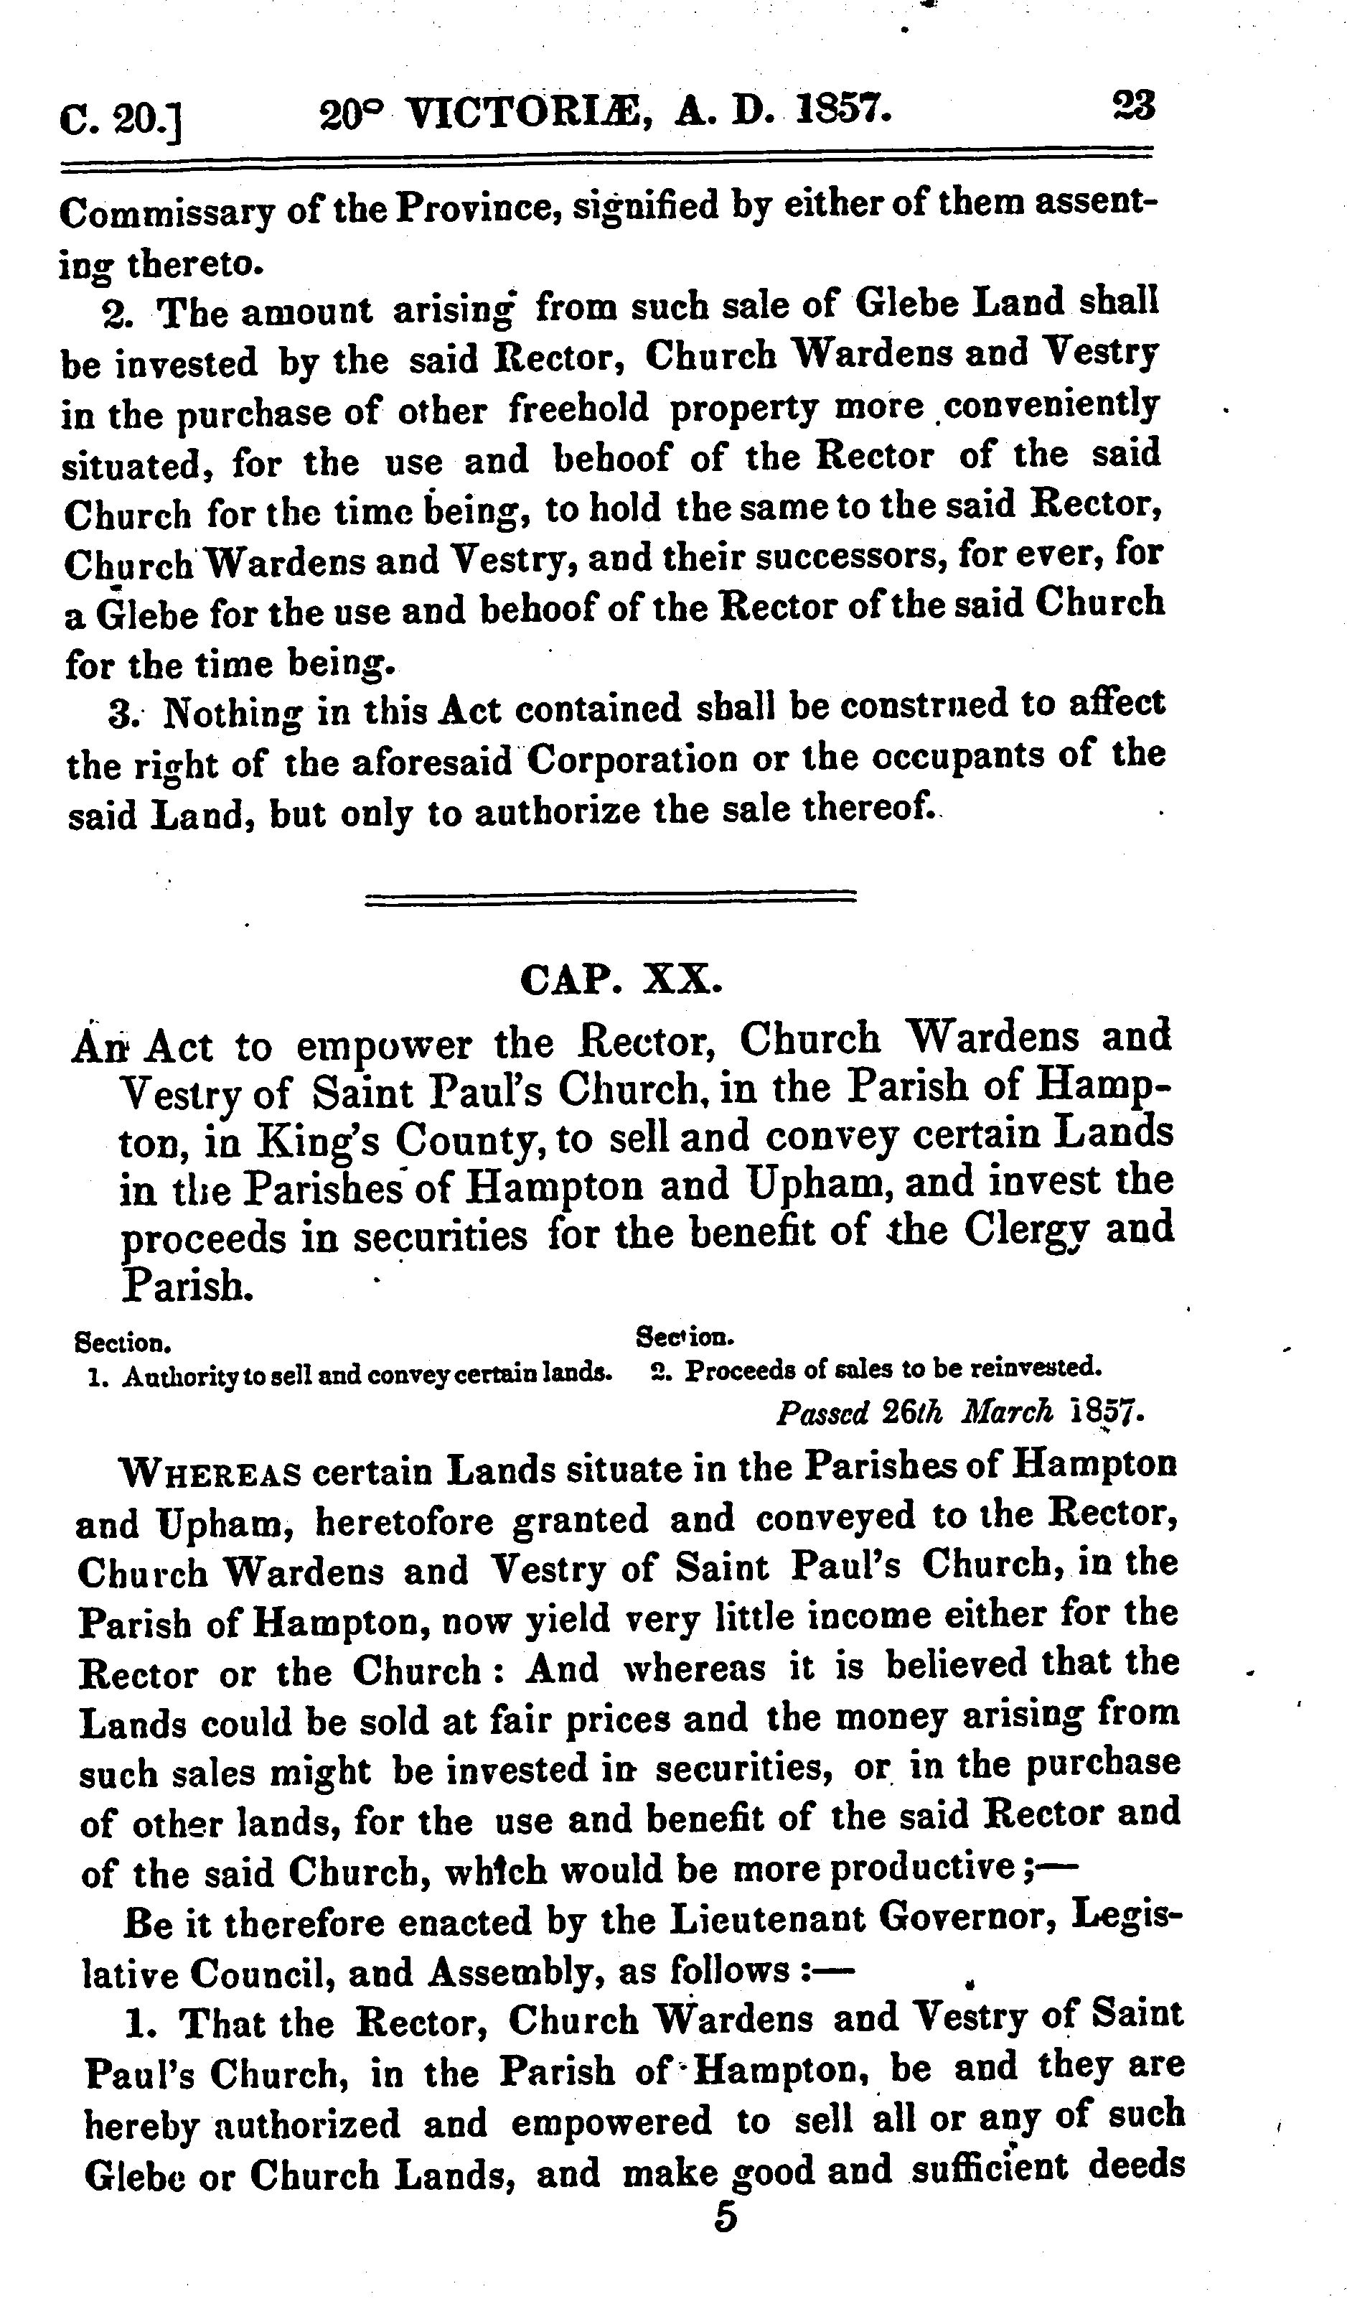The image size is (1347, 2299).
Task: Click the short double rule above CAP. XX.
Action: coord(610,897)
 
